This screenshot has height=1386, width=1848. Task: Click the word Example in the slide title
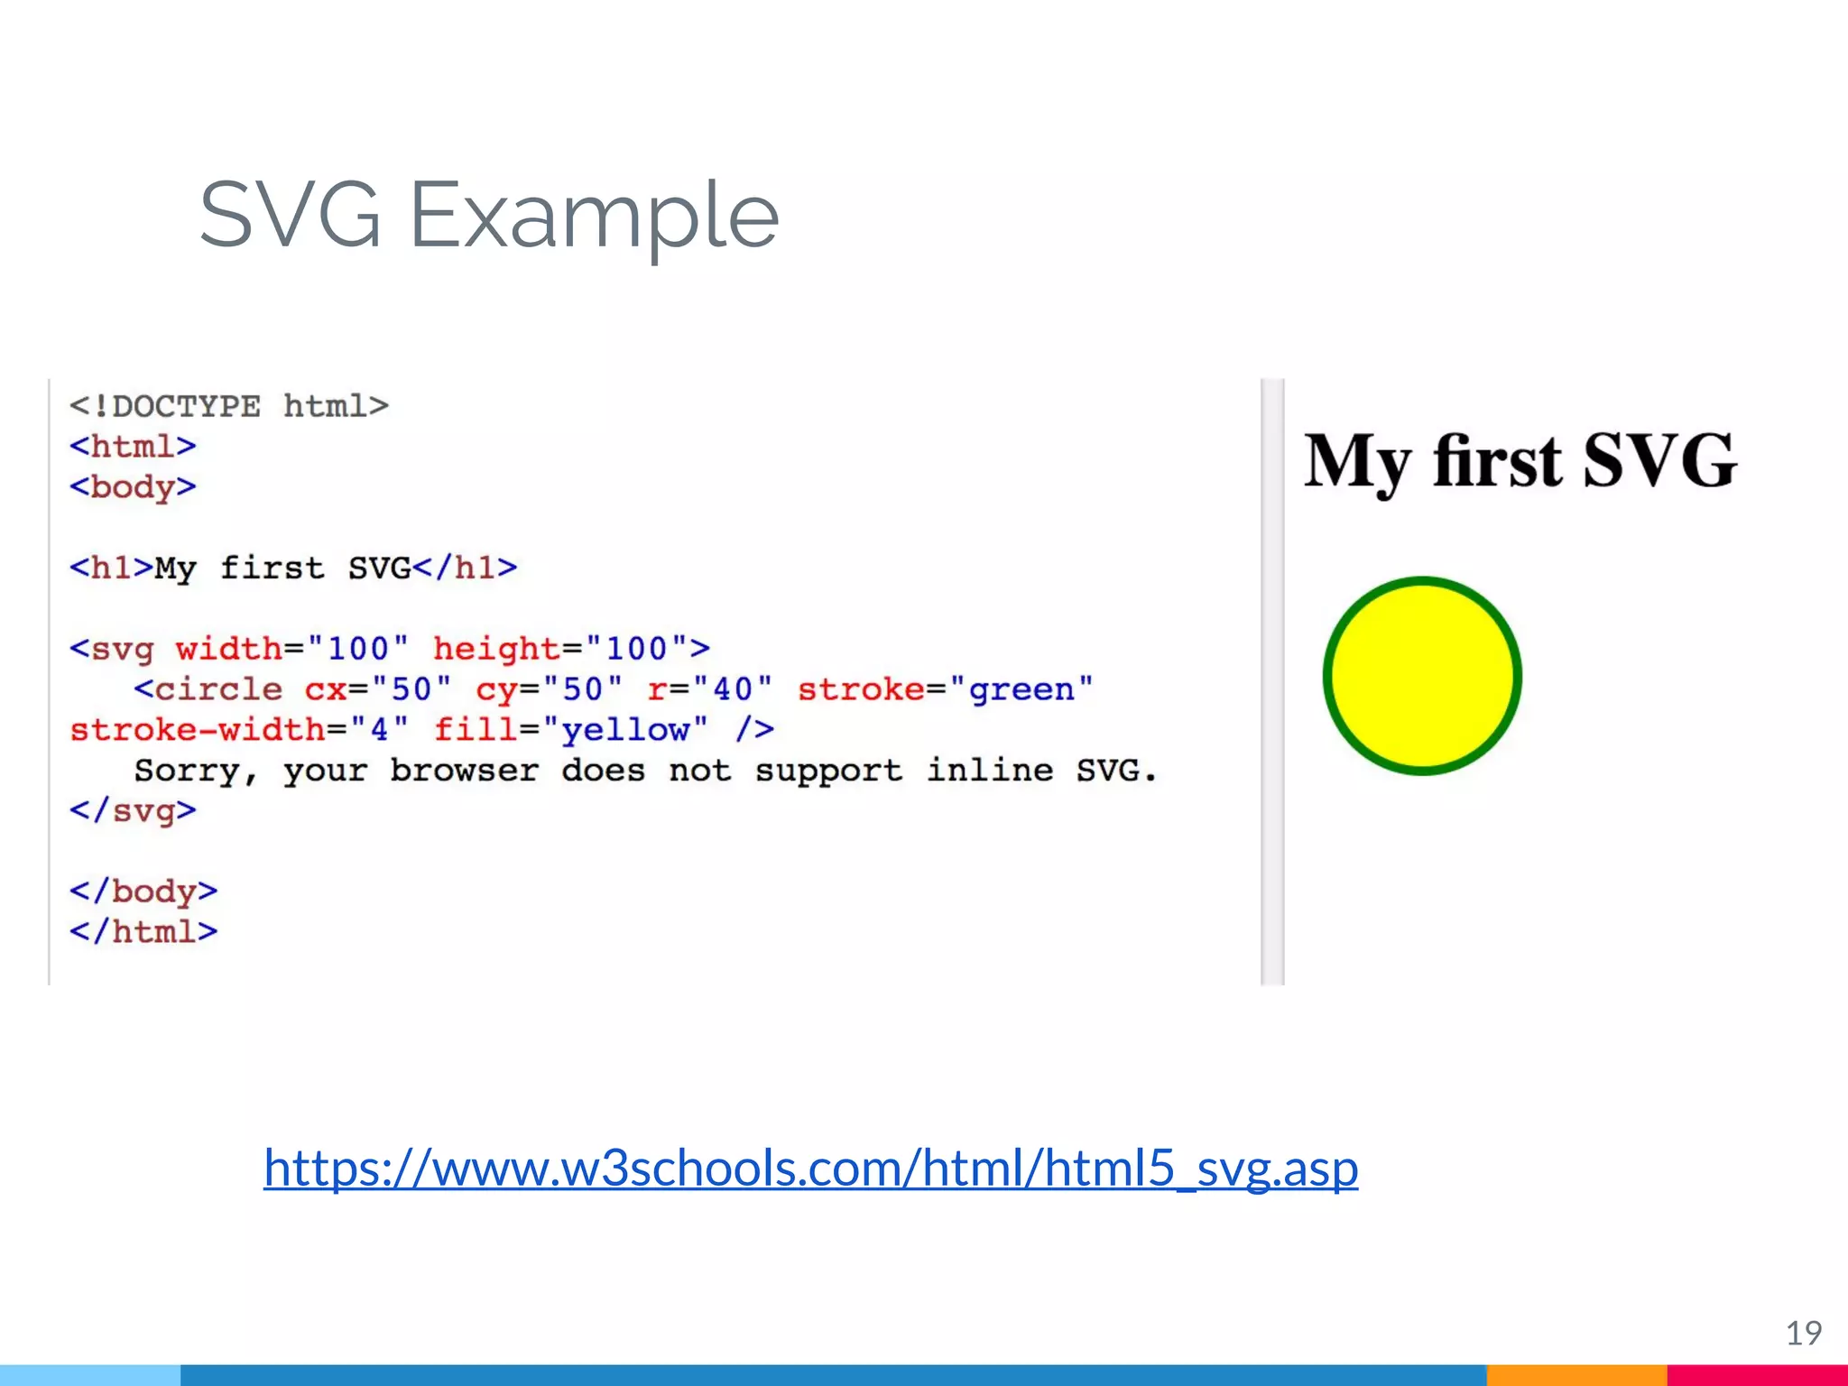(594, 217)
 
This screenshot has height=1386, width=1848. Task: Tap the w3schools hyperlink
(810, 1168)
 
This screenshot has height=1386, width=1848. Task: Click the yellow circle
(1422, 676)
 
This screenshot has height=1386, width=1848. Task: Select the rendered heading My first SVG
(1520, 461)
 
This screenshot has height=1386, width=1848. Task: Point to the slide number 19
(1803, 1334)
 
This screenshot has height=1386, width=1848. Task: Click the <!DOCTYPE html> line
(229, 406)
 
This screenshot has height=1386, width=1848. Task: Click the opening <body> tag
(133, 487)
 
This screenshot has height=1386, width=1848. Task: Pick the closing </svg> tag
(133, 810)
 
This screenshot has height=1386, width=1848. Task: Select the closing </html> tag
(143, 931)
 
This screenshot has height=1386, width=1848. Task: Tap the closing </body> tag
(143, 892)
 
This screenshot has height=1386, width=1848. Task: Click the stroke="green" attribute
(944, 689)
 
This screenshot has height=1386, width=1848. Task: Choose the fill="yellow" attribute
(570, 729)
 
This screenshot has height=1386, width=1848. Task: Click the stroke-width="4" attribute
(239, 729)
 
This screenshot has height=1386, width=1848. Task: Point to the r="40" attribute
(709, 689)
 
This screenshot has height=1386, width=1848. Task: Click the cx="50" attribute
(377, 689)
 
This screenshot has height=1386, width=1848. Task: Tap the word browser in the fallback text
(464, 771)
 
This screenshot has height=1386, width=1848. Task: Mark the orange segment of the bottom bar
(1575, 1375)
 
